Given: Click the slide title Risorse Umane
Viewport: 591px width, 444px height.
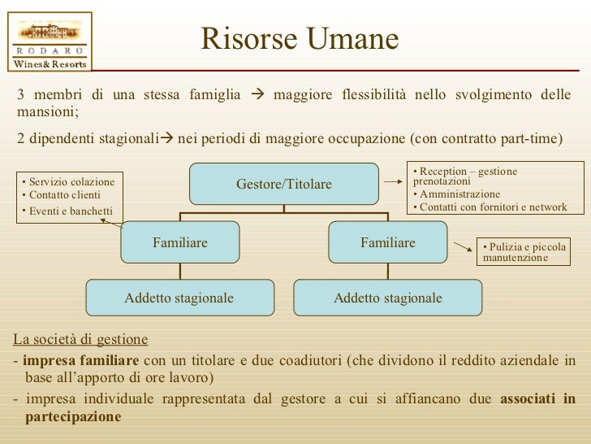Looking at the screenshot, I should [x=300, y=38].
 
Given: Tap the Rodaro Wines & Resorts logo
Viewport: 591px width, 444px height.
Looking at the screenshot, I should [x=50, y=40].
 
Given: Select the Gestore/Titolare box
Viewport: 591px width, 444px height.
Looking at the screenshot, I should [x=284, y=185].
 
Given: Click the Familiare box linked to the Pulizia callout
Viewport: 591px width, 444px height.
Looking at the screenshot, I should [x=388, y=243].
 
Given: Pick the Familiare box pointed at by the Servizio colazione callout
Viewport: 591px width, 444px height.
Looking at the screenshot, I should [x=180, y=243].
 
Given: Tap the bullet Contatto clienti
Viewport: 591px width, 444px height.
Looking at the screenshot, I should [x=64, y=196].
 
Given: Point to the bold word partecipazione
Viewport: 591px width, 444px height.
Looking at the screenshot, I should [x=73, y=416].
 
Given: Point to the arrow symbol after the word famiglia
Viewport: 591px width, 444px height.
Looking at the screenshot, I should [x=258, y=95].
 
